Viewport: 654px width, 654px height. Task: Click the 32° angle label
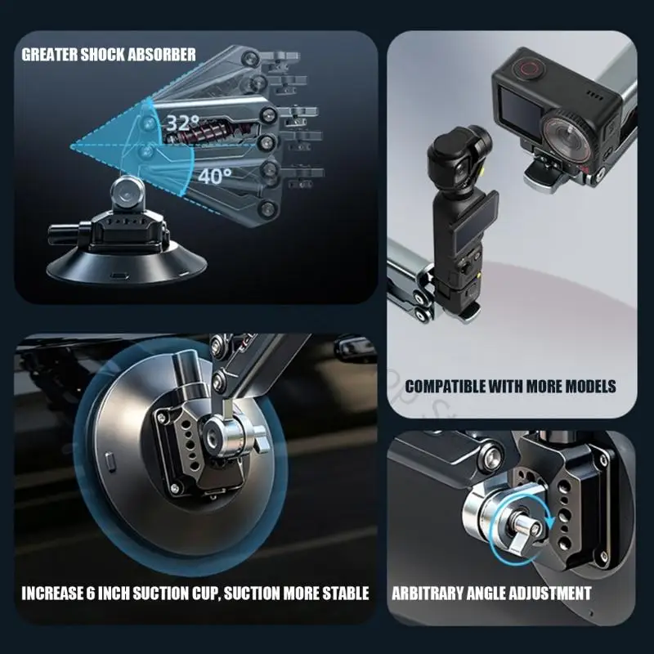pyautogui.click(x=182, y=123)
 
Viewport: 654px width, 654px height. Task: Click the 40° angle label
pyautogui.click(x=215, y=176)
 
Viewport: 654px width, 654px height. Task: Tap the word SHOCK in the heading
pyautogui.click(x=103, y=55)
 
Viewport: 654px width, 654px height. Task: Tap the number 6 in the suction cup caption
pyautogui.click(x=91, y=594)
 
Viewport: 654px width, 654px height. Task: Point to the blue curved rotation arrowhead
pyautogui.click(x=551, y=521)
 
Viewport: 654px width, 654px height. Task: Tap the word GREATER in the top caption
pyautogui.click(x=49, y=55)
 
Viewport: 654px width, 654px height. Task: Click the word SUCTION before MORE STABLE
pyautogui.click(x=252, y=594)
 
